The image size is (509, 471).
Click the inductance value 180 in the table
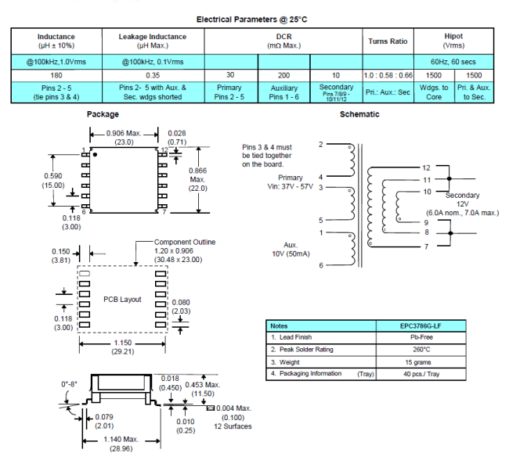point(56,75)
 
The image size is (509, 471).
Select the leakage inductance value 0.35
point(153,75)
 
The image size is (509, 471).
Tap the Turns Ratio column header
point(388,41)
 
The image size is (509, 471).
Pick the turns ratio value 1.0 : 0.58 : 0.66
point(388,75)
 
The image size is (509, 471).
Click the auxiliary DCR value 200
point(283,75)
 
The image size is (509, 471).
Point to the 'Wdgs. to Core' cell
point(434,92)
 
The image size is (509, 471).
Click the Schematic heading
point(359,114)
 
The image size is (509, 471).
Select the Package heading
point(103,114)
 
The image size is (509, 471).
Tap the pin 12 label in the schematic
point(426,167)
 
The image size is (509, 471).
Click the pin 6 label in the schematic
point(321,265)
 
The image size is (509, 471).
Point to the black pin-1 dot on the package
point(95,155)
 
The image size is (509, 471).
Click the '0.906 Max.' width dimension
point(124,133)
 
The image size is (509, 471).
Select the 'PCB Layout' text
point(122,300)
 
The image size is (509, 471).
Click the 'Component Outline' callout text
point(185,242)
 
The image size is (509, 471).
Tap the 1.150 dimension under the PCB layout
point(123,343)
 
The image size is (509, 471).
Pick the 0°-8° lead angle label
point(69,384)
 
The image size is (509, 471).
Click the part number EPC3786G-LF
point(421,326)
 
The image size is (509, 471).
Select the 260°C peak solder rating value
point(421,350)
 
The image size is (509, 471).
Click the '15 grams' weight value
point(418,362)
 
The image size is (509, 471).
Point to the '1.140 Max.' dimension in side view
point(121,439)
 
